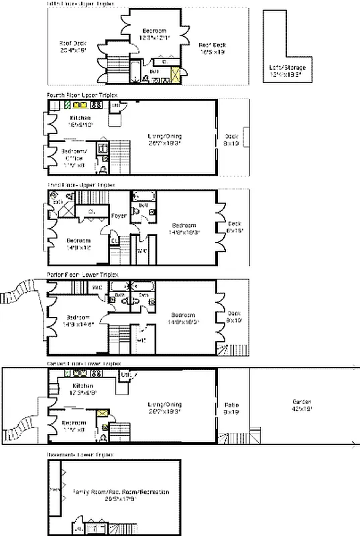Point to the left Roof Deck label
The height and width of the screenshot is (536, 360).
(x=73, y=46)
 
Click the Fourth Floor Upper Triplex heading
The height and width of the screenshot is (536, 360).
(x=80, y=95)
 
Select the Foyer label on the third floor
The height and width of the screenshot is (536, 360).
(x=119, y=216)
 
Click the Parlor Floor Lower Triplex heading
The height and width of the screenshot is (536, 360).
(x=82, y=275)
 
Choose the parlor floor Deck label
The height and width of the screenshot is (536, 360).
(x=233, y=316)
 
